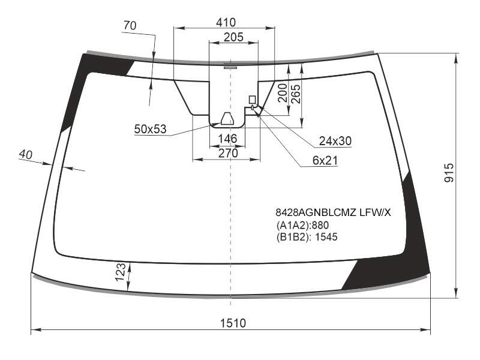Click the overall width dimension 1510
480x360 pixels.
(x=233, y=323)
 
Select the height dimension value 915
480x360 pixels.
(x=449, y=173)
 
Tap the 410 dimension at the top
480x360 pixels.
(x=226, y=22)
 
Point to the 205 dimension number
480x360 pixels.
(x=233, y=37)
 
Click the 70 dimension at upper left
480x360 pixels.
(x=130, y=25)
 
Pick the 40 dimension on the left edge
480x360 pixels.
(x=25, y=155)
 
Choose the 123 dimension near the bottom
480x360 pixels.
(x=121, y=272)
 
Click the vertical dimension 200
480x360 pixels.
(x=282, y=93)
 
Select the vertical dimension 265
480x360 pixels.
(x=296, y=94)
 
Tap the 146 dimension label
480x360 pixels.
(x=228, y=139)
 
